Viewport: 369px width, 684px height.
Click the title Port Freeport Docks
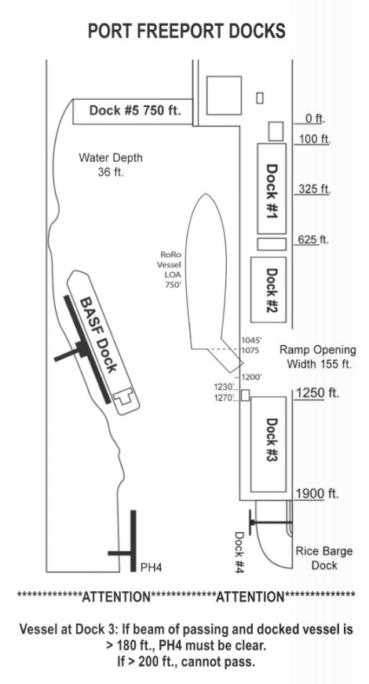(x=187, y=31)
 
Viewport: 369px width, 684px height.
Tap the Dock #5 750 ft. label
(x=135, y=110)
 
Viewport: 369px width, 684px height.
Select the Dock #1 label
(x=272, y=191)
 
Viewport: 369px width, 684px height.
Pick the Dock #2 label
(x=272, y=289)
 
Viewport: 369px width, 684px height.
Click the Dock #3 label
(x=272, y=439)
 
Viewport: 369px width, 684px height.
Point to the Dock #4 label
(x=239, y=552)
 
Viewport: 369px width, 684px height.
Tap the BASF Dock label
(x=99, y=335)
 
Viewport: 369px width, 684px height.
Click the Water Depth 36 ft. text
(x=111, y=164)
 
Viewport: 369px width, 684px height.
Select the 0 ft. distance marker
(x=315, y=118)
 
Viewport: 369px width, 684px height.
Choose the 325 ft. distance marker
(x=314, y=189)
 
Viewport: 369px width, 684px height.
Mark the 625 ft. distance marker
(x=313, y=240)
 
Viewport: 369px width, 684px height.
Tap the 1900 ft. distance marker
(x=317, y=494)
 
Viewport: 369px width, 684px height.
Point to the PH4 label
(x=152, y=568)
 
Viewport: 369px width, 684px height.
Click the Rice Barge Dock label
(x=324, y=558)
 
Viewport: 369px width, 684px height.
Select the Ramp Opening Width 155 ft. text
(x=318, y=357)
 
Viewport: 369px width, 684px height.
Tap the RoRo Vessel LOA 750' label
(x=171, y=270)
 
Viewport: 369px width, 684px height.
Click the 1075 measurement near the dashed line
(x=250, y=351)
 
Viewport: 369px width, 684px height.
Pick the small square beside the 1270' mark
(x=245, y=395)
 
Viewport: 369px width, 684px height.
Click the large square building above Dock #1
(x=224, y=96)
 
